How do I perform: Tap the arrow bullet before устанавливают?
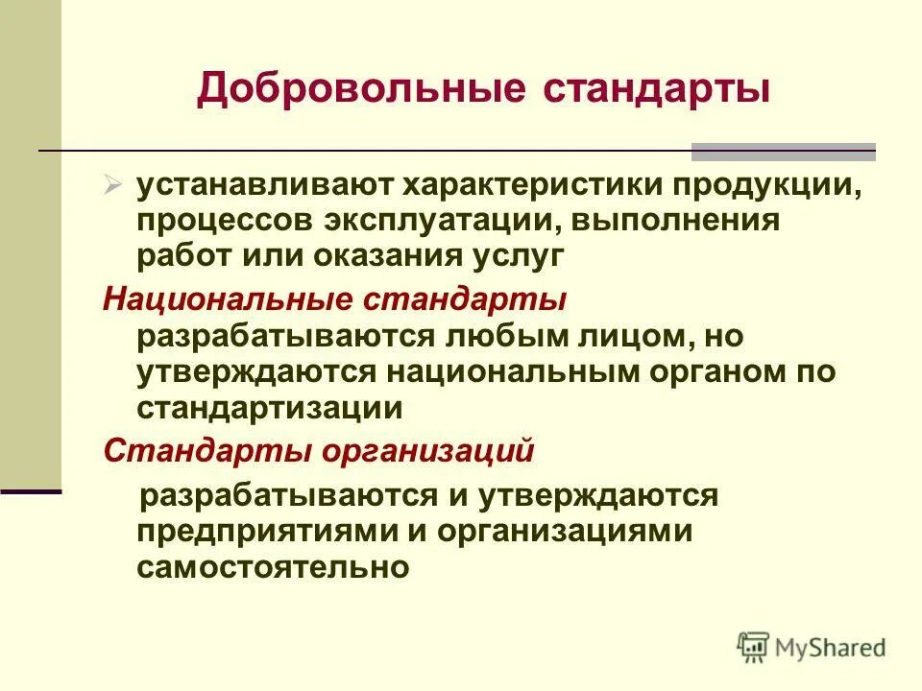(112, 181)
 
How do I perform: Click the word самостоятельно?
(274, 567)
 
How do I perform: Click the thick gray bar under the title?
(784, 151)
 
